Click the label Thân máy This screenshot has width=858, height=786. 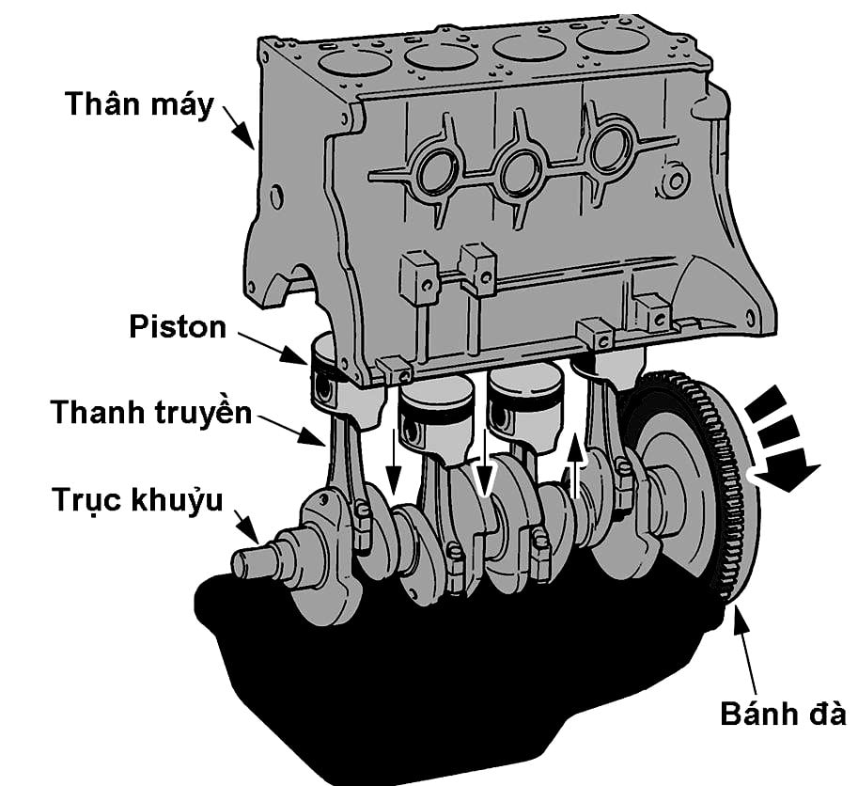pos(139,102)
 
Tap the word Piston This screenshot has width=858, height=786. pos(178,327)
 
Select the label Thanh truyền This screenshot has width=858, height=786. pos(151,412)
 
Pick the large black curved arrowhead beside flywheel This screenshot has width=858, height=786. pos(788,470)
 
